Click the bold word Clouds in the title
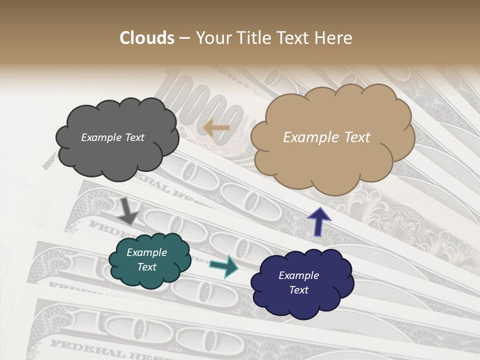(147, 38)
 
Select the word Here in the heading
(334, 38)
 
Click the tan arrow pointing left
(216, 128)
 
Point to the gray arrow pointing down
(128, 210)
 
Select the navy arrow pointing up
(318, 220)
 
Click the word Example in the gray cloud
(101, 137)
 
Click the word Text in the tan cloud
(354, 137)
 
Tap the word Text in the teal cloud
(147, 267)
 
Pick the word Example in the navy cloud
(298, 275)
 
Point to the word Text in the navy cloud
(298, 290)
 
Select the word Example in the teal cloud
(147, 252)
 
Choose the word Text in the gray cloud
(134, 137)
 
